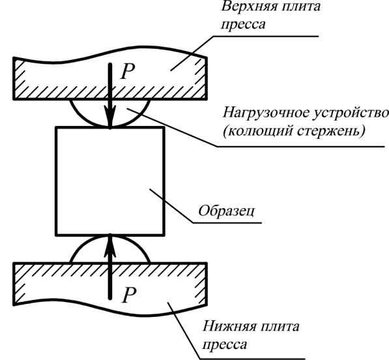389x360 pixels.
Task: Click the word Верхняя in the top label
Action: tap(250, 7)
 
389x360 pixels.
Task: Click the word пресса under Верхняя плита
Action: tap(244, 25)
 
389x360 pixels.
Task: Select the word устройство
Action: tap(351, 113)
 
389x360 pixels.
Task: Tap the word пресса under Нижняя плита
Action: tap(225, 344)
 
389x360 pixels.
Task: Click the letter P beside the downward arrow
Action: tap(128, 71)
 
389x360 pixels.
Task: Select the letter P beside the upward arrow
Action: tap(129, 295)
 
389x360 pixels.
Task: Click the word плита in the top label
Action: tap(302, 7)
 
